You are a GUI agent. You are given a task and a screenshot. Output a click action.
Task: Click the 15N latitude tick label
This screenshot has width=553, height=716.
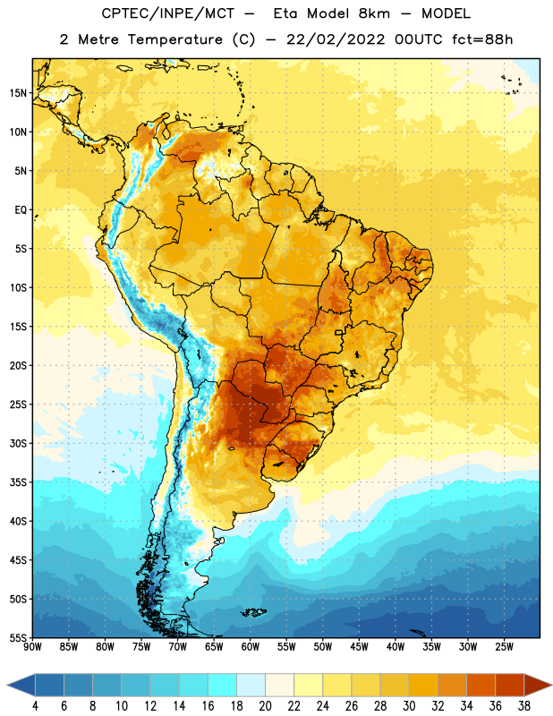[x=18, y=93]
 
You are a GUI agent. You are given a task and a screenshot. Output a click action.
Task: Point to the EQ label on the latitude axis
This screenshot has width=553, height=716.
[x=21, y=210]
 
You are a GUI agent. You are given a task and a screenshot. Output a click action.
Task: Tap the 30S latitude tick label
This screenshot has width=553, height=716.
[x=18, y=443]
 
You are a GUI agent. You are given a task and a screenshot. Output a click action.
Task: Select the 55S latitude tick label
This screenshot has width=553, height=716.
[x=18, y=637]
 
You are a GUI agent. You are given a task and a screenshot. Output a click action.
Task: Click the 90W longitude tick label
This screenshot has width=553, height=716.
[x=32, y=647]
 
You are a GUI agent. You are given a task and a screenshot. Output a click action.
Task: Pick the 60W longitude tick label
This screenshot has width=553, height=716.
[x=251, y=647]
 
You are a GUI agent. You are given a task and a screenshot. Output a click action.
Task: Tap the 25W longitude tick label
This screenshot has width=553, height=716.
[x=505, y=647]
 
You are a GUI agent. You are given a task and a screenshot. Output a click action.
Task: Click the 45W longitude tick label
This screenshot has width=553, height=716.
[x=360, y=647]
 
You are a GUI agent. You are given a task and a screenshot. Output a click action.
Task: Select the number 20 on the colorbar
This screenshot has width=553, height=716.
[x=265, y=706]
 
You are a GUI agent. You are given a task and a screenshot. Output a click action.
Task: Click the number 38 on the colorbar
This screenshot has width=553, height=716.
[x=524, y=706]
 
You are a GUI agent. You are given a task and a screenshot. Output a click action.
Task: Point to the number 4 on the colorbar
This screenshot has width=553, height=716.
[x=35, y=706]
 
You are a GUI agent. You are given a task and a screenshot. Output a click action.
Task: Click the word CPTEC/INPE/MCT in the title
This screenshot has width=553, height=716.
[x=168, y=13]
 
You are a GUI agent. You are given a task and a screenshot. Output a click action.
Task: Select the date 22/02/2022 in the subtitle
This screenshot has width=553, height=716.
[x=336, y=39]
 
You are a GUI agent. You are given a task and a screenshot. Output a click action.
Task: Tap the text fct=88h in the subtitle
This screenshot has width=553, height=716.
[x=482, y=39]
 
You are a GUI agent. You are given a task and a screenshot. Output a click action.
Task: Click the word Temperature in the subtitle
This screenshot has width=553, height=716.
[x=175, y=40]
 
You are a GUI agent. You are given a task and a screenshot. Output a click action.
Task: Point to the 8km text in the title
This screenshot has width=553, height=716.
[x=374, y=13]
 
